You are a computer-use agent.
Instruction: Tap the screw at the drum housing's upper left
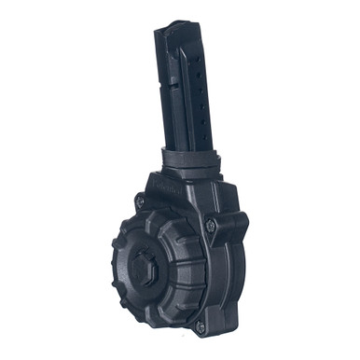click(140, 199)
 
